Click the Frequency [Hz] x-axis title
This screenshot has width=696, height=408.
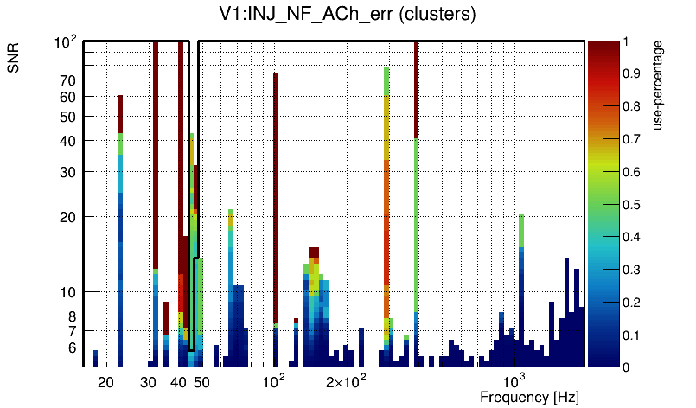coord(529,397)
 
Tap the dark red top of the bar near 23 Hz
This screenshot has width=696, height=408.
coord(121,113)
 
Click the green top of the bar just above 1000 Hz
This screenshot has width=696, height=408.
coord(521,230)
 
